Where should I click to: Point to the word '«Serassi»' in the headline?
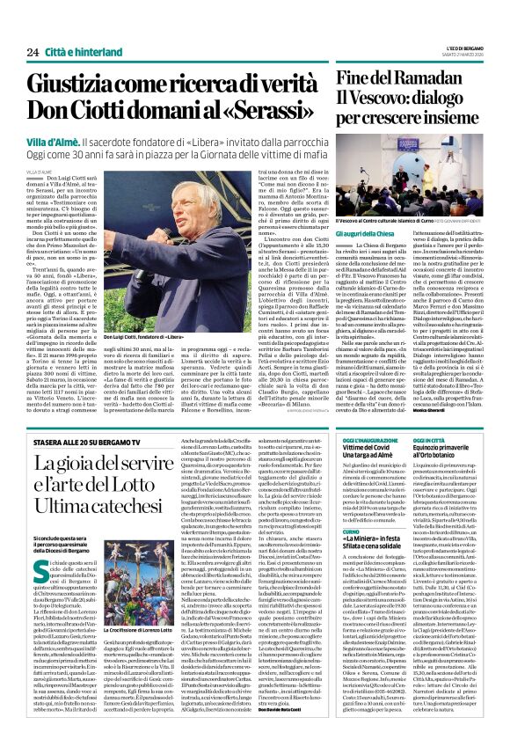[279, 112]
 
